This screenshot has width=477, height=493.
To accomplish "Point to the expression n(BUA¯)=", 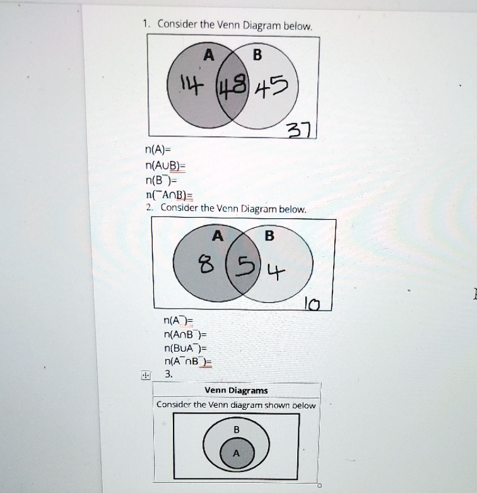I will click(181, 348).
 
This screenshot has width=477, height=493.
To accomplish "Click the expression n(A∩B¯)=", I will click(181, 335).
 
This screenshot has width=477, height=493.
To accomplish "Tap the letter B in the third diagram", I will click(236, 429).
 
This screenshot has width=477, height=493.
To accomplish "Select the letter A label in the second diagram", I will click(218, 236).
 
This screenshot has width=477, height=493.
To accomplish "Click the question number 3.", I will click(168, 374).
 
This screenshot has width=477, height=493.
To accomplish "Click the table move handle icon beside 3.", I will click(146, 375).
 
